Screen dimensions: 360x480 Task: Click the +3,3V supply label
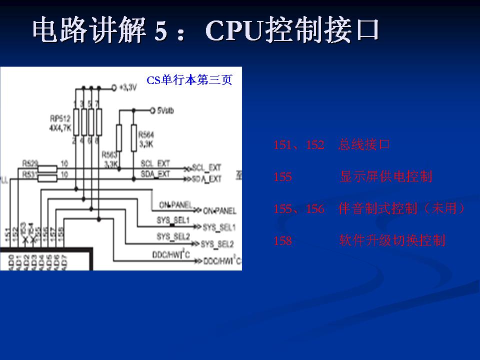click(x=127, y=87)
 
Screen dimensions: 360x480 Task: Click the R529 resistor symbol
click(x=47, y=168)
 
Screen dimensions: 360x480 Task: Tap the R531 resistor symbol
click(x=47, y=177)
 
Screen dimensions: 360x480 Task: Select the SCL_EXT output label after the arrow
click(x=206, y=167)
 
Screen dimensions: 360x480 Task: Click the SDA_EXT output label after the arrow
click(x=206, y=178)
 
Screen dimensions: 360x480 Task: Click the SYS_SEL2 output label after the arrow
click(x=217, y=244)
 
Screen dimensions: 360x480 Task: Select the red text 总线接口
click(x=364, y=145)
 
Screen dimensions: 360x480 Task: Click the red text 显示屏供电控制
click(x=385, y=176)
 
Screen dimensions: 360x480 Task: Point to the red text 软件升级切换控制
click(x=392, y=240)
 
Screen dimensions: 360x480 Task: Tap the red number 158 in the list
click(x=282, y=241)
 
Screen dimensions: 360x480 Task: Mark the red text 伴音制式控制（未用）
click(x=402, y=208)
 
